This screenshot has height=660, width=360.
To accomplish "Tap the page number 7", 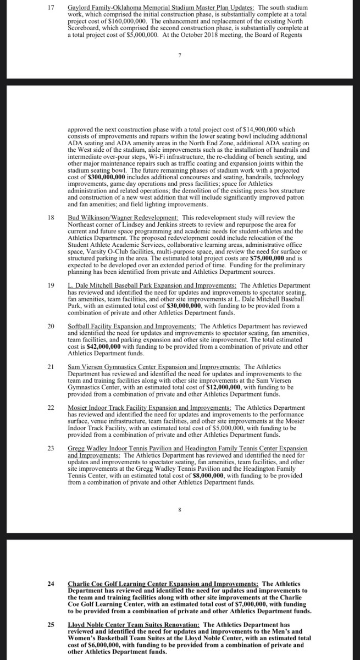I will [180, 55].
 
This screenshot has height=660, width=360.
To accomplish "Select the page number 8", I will [180, 510].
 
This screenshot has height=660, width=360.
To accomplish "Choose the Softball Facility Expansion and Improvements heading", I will [132, 327].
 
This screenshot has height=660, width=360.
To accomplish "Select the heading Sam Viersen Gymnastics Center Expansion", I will [154, 367].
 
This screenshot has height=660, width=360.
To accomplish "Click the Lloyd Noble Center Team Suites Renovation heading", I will [134, 625].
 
